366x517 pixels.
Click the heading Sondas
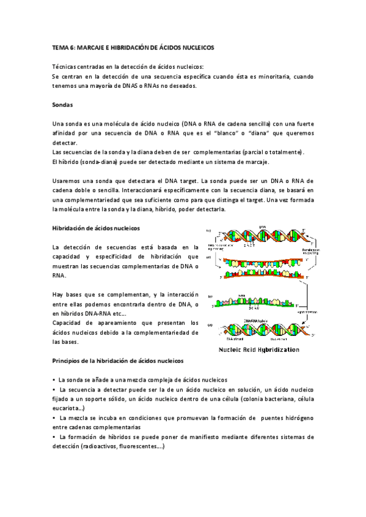pos(64,104)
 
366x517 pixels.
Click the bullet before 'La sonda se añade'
pos(54,379)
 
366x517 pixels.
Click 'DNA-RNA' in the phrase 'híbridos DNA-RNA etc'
pos(101,313)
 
